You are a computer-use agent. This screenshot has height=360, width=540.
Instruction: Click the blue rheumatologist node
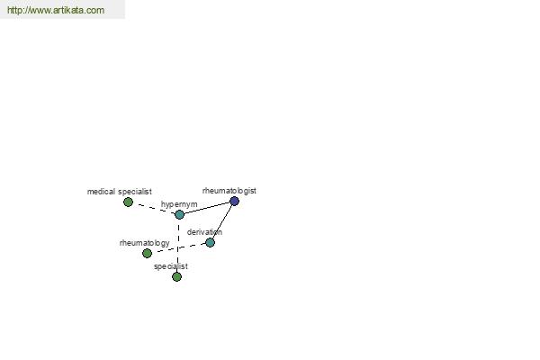(234, 202)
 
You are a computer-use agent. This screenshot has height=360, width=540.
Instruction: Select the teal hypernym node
(179, 214)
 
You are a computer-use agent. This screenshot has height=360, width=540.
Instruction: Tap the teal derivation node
(210, 242)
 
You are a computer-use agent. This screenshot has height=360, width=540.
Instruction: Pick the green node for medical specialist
(128, 202)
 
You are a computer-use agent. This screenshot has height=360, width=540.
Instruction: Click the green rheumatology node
(147, 253)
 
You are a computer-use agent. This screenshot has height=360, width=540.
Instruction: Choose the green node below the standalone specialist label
(176, 276)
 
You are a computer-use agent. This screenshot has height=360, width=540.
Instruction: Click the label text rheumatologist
(229, 191)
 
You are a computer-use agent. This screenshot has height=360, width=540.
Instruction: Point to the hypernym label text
(179, 204)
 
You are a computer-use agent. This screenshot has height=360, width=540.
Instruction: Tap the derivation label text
(204, 232)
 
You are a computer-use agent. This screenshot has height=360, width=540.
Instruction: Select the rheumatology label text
(145, 243)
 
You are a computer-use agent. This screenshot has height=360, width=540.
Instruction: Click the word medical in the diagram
(101, 192)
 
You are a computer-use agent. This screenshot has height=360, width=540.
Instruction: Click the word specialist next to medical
(135, 192)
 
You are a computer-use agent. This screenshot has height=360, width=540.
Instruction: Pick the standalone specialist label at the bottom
(171, 266)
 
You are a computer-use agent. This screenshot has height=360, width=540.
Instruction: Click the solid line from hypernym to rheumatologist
(207, 208)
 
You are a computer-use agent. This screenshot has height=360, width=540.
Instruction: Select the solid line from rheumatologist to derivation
(222, 222)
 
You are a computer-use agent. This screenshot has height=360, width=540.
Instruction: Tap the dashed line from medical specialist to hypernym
(154, 208)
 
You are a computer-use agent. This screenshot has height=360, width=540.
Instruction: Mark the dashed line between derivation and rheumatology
(179, 248)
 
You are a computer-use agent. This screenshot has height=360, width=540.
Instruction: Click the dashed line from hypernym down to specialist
(178, 246)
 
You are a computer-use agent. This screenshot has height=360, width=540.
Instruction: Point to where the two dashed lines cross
(178, 248)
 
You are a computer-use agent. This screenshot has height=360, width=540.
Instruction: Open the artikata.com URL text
(56, 10)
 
